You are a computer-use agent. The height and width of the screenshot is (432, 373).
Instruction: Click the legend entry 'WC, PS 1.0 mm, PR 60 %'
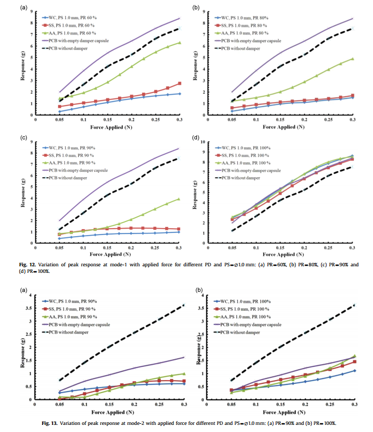tap(69, 17)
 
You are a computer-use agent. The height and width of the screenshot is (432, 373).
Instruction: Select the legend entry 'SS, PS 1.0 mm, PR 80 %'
tap(241, 25)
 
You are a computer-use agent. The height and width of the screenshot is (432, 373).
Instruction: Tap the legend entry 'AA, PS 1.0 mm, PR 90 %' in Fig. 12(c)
tap(69, 163)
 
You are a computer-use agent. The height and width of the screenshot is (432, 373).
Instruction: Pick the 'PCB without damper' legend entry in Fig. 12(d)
tap(237, 178)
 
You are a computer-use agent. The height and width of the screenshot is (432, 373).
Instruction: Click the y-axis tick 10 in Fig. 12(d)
tap(203, 142)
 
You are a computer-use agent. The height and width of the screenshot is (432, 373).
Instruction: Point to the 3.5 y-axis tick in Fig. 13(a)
tap(28, 308)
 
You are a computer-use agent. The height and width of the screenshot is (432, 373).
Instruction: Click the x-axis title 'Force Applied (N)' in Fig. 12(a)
tap(111, 127)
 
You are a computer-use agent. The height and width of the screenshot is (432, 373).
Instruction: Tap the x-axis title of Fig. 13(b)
tap(284, 412)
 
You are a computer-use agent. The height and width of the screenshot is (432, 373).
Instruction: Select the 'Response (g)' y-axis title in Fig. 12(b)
tap(195, 66)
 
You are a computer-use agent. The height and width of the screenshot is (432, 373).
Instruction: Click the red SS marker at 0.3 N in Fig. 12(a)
tap(179, 83)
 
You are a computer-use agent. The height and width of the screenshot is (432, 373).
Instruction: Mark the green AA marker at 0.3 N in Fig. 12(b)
tap(352, 59)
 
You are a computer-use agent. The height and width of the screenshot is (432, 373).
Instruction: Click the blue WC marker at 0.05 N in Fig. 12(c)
tap(59, 238)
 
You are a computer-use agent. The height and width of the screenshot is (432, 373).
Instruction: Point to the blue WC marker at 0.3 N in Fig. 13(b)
tap(354, 371)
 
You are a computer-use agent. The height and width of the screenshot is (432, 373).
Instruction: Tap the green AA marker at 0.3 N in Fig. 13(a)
tap(184, 373)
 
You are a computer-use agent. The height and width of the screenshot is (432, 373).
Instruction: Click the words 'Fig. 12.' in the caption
tap(27, 265)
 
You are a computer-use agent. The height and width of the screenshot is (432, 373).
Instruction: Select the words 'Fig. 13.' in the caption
tap(50, 423)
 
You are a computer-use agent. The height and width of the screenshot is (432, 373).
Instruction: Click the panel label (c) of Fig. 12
tap(24, 137)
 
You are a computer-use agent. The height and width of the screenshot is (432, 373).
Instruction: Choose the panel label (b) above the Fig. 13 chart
tap(199, 290)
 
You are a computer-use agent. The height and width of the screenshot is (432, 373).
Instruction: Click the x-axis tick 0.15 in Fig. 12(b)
tap(280, 120)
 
